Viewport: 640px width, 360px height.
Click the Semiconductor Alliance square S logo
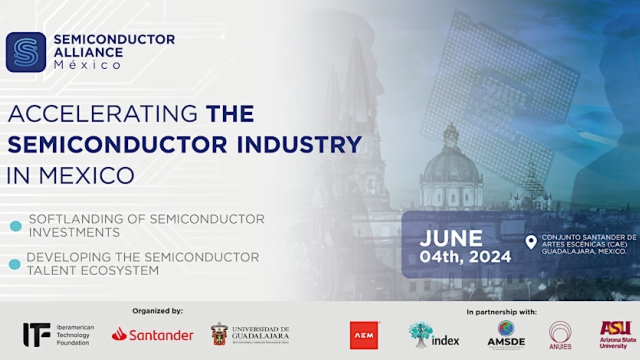coord(25,52)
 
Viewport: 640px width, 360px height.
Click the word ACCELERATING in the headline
coord(103,114)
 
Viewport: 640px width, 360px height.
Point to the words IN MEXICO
coord(70,175)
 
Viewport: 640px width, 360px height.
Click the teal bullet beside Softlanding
coord(16,226)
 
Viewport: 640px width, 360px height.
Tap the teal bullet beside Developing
coord(15,264)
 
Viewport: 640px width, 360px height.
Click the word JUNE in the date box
coord(451,238)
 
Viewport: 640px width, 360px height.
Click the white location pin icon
coord(531,242)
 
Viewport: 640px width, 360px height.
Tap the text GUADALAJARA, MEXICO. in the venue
coord(584,251)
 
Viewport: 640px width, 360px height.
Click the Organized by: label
coord(157,311)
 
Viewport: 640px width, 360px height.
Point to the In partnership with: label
coord(501,312)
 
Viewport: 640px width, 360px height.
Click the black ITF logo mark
coord(36,334)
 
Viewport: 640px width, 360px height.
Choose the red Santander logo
coord(152,334)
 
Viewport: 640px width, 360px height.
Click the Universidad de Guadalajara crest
coord(219,334)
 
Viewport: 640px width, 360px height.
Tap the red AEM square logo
coord(364,334)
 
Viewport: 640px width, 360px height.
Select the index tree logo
coord(420,334)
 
